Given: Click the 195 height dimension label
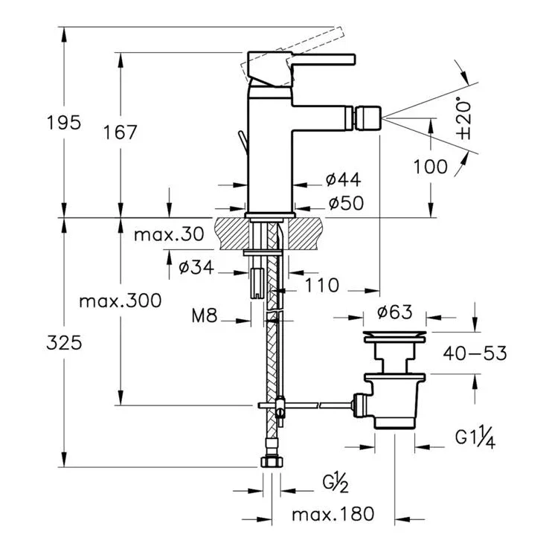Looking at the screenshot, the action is [x=64, y=123].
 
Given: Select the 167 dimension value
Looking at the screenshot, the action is [x=120, y=132].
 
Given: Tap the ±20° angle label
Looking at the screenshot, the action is [x=463, y=118].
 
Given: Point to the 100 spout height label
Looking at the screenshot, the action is [x=430, y=167].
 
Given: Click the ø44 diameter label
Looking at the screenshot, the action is [x=343, y=179].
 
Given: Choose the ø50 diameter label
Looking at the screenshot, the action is [x=346, y=203].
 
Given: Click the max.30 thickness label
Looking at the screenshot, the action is [x=169, y=234].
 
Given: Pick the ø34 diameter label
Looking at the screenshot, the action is [x=196, y=267].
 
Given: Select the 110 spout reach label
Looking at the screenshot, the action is [x=322, y=285].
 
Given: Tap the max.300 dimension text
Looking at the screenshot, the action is [x=121, y=301].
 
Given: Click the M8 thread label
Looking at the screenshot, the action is [x=204, y=315].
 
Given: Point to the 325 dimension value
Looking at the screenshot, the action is [x=64, y=343].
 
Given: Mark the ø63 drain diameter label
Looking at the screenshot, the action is [x=394, y=312].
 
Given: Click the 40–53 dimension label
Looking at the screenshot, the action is [x=475, y=353].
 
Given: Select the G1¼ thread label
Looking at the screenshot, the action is [x=475, y=439].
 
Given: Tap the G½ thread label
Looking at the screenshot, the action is [x=336, y=484].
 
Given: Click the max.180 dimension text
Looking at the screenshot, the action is [x=333, y=514].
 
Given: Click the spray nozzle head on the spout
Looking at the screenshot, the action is [x=368, y=118].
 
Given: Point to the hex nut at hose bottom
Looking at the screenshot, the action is [x=272, y=461].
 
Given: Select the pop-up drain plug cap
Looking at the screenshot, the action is [x=394, y=336].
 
